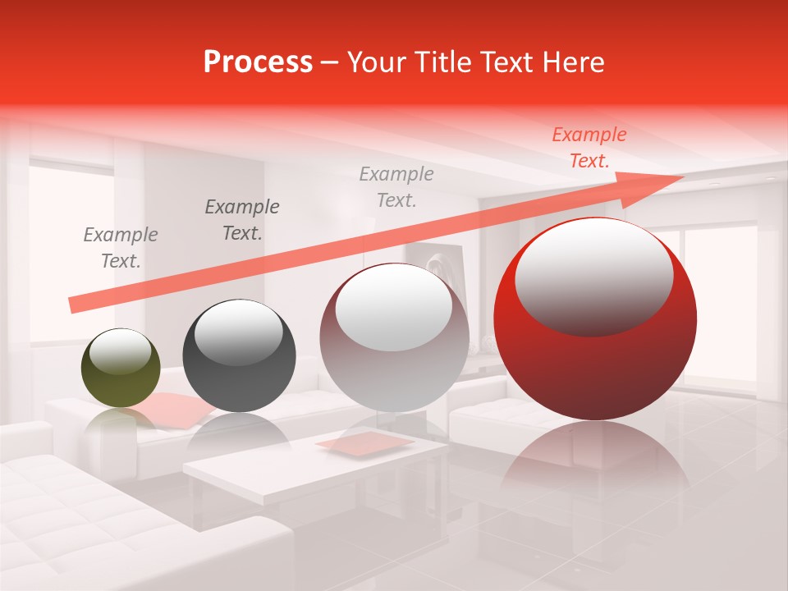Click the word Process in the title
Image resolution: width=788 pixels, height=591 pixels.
(x=258, y=62)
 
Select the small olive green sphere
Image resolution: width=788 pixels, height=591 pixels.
(x=121, y=368)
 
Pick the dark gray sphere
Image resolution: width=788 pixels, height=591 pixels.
(x=239, y=356)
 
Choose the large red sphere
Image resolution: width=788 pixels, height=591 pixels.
(x=595, y=320)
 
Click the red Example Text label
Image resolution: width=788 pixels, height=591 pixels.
(x=589, y=148)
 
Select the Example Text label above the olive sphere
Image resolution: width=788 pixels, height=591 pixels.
(x=121, y=247)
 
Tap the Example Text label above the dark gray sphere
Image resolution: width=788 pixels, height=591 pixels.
(x=242, y=220)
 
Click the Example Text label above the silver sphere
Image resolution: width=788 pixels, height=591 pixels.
(x=396, y=186)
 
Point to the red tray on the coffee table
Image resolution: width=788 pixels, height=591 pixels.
(x=365, y=442)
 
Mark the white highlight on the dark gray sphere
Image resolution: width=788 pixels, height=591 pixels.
(x=238, y=332)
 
